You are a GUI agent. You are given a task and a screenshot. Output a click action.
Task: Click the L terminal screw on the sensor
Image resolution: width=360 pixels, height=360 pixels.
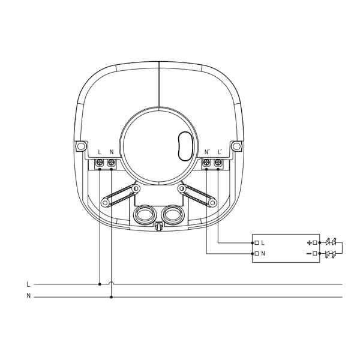point(100,163)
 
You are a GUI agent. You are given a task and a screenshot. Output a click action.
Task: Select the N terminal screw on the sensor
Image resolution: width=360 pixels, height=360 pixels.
point(112,163)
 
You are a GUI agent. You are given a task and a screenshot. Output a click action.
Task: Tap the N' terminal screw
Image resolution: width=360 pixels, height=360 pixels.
point(206,163)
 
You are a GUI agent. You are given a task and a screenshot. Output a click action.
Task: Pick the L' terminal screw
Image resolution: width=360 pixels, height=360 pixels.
point(218,163)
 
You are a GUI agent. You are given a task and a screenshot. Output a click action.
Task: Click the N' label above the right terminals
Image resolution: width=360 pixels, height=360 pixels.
point(207,152)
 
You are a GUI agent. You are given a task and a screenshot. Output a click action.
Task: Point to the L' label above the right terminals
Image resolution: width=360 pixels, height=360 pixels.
point(220,152)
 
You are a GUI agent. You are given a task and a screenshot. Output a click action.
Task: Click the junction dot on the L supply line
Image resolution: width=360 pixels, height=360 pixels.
point(100,284)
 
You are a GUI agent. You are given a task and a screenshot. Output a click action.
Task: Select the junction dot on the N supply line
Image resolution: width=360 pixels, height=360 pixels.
point(112,297)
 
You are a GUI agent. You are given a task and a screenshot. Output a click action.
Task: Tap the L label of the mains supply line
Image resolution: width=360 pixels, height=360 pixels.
point(28,284)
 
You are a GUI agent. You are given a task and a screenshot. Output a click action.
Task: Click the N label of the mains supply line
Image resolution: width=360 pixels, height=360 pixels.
point(28,295)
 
